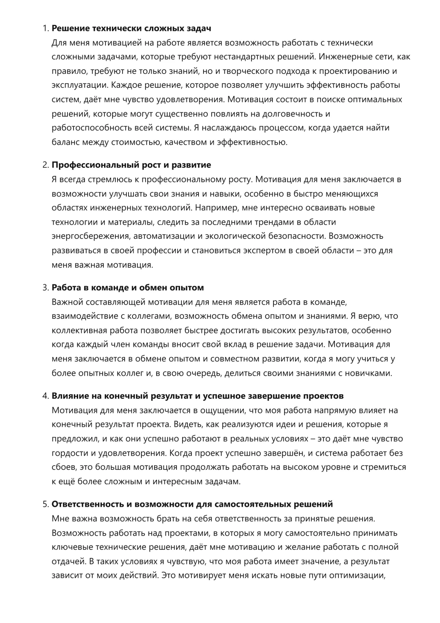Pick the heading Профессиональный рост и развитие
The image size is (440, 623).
[x=131, y=165]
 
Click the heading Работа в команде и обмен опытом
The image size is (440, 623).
[x=128, y=288]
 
